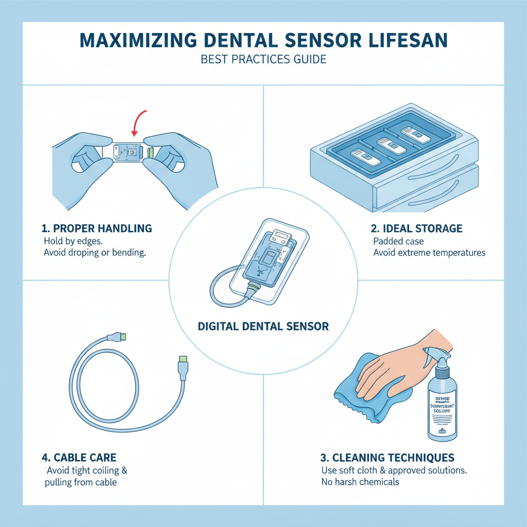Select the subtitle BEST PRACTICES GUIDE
[263, 59]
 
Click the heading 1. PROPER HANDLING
[96, 227]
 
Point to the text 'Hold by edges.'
[74, 241]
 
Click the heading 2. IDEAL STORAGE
[417, 227]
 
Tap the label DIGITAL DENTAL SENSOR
[263, 326]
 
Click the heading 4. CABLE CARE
[79, 457]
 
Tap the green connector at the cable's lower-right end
[183, 358]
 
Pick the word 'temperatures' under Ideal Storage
[458, 253]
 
